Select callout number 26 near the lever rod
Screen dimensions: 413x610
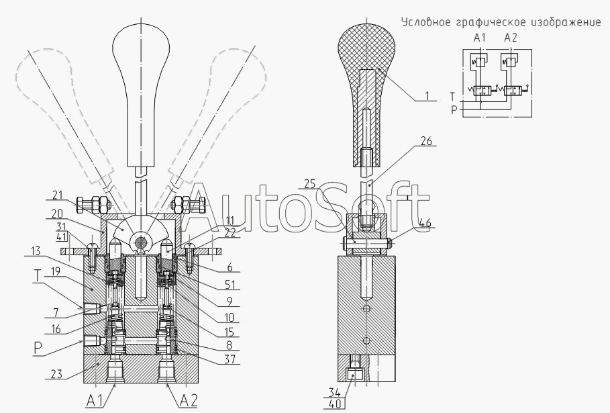coord(427,142)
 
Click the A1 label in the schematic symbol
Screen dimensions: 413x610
coord(480,39)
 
